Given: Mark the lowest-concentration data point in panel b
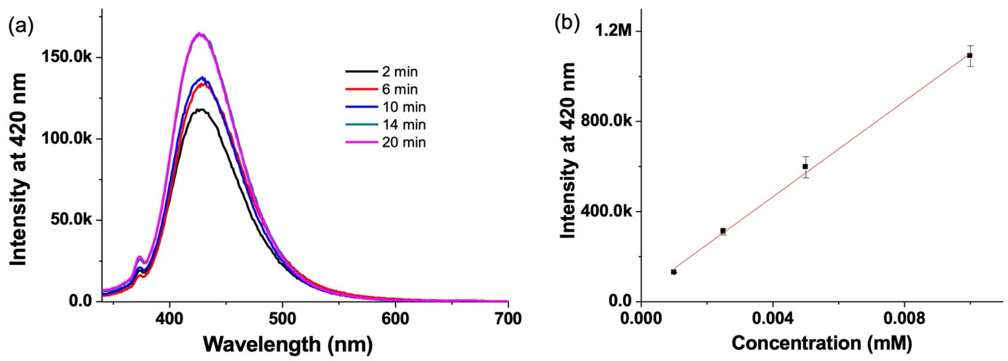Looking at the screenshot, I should (673, 272).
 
